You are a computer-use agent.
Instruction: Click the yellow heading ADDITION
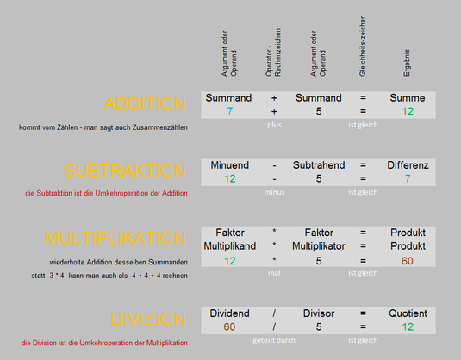click(145, 103)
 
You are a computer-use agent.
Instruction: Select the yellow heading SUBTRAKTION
click(125, 171)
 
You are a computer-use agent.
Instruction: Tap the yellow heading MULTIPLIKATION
click(115, 238)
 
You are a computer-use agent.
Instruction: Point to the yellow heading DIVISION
click(148, 319)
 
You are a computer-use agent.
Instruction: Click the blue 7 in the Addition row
click(229, 111)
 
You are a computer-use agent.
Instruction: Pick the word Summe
click(408, 98)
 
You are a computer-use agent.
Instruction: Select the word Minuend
click(229, 165)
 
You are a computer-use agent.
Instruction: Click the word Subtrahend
click(319, 165)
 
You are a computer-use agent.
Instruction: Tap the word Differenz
click(408, 165)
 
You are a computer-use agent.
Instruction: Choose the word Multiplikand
click(229, 246)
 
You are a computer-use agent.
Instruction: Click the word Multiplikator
click(319, 246)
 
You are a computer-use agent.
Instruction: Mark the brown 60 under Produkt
click(408, 261)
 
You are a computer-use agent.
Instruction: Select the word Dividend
click(229, 313)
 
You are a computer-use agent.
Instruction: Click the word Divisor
click(319, 313)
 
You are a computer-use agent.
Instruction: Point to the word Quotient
click(408, 313)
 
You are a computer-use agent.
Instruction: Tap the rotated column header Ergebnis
click(407, 63)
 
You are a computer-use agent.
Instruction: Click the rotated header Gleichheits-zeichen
click(362, 46)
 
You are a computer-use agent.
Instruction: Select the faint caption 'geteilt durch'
click(274, 340)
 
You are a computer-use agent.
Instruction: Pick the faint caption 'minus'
click(274, 192)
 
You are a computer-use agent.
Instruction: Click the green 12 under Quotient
click(408, 326)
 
